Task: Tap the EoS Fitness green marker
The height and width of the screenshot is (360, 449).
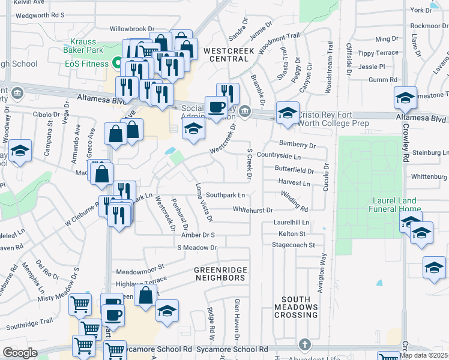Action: pyautogui.click(x=116, y=63)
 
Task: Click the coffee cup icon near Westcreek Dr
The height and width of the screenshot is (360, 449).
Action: pyautogui.click(x=217, y=107)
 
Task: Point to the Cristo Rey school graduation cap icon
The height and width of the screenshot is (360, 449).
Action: pyautogui.click(x=288, y=113)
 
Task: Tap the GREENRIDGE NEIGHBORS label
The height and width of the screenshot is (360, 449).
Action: pyautogui.click(x=220, y=274)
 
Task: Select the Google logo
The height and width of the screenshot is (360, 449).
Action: pyautogui.click(x=20, y=352)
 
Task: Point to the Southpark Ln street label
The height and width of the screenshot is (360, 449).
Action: pyautogui.click(x=226, y=195)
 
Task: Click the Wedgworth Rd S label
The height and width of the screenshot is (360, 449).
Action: pyautogui.click(x=39, y=15)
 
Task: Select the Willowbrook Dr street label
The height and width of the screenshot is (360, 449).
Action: pyautogui.click(x=132, y=28)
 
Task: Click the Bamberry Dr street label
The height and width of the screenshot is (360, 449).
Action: pyautogui.click(x=298, y=145)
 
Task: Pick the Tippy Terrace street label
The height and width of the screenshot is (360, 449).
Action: pyautogui.click(x=378, y=53)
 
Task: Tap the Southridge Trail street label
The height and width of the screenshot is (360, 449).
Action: pyautogui.click(x=30, y=325)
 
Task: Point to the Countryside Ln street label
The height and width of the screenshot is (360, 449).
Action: pyautogui.click(x=286, y=155)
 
